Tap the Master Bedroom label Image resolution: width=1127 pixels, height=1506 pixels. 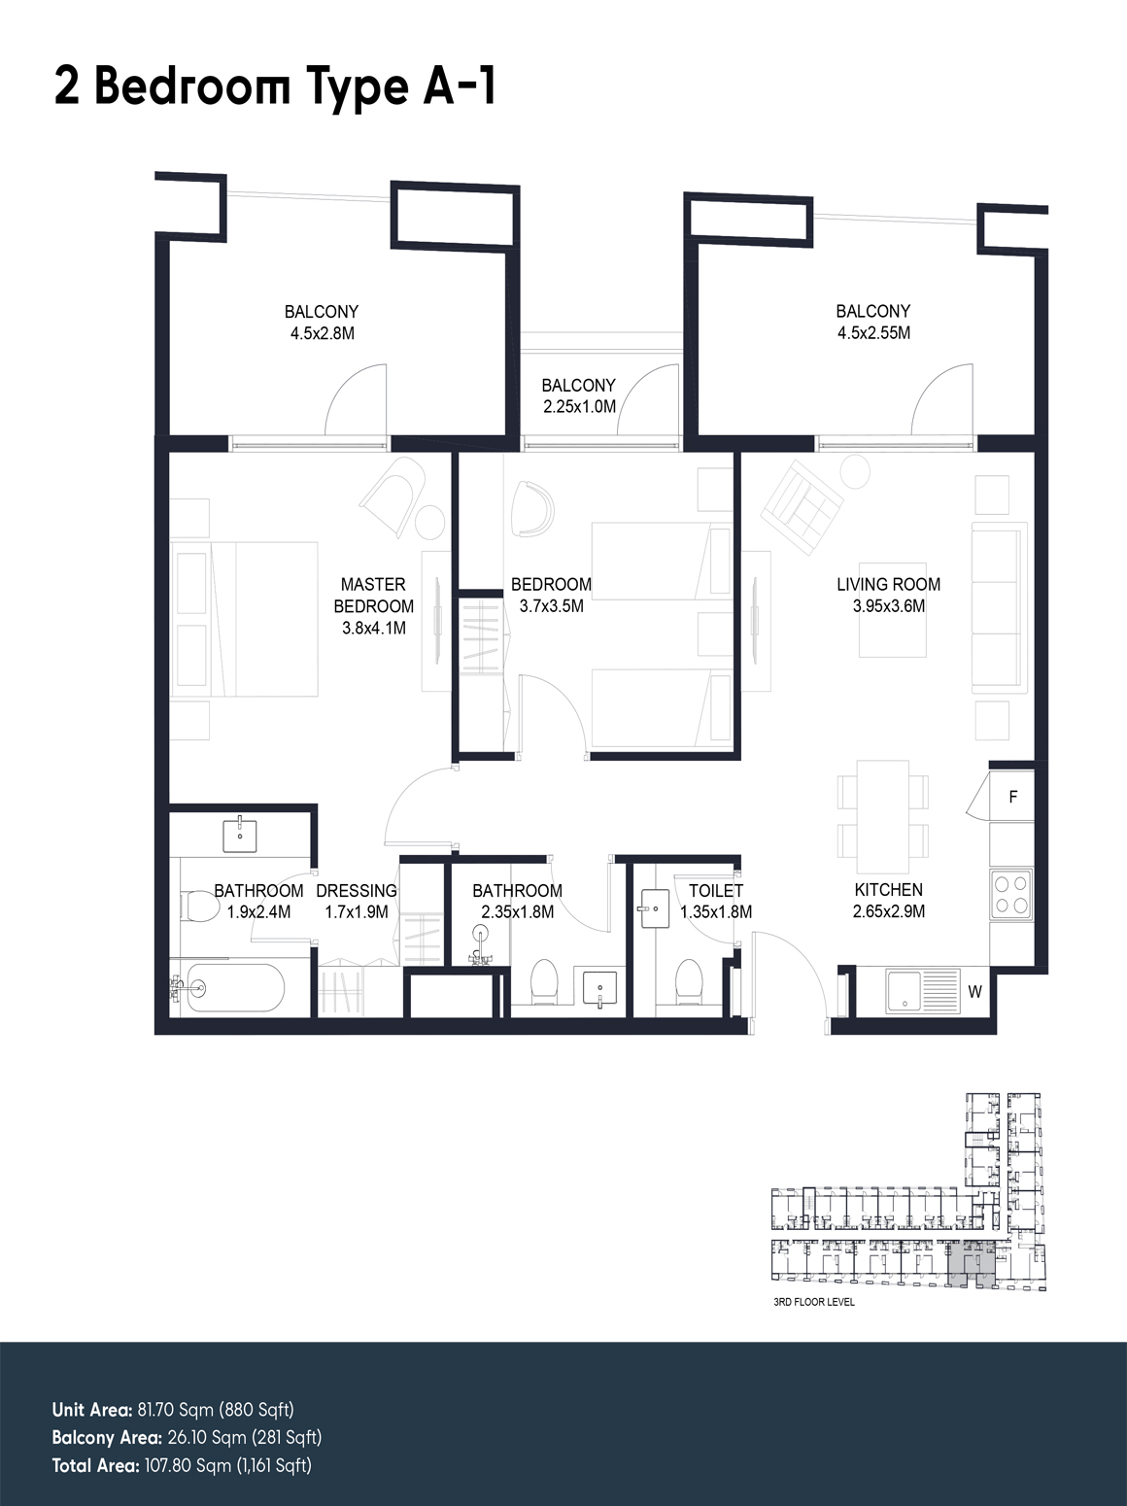click(373, 595)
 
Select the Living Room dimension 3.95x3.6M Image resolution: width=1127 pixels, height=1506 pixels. click(888, 606)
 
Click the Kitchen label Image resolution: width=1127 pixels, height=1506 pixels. click(888, 890)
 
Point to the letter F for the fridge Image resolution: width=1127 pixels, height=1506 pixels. click(1013, 798)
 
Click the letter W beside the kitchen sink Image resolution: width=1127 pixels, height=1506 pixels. click(974, 991)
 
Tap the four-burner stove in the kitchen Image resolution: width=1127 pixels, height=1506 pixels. click(1011, 895)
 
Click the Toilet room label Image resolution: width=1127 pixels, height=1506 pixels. click(716, 891)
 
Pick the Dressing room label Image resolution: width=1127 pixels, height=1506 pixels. click(357, 891)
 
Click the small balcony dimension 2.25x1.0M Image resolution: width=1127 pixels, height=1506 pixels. click(580, 407)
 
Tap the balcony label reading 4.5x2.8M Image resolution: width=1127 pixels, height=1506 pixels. click(322, 333)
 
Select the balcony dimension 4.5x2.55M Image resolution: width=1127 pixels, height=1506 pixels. click(873, 332)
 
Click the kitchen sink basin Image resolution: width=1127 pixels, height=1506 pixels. click(905, 991)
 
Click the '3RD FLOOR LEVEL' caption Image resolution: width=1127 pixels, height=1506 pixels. click(814, 1302)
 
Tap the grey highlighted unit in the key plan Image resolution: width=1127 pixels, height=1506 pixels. click(971, 1265)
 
